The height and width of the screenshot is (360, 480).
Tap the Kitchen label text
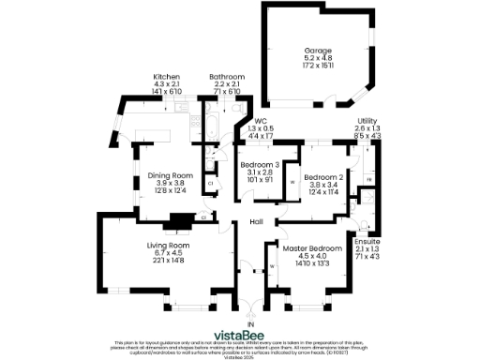(x=166, y=77)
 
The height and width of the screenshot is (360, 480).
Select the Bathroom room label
(x=226, y=77)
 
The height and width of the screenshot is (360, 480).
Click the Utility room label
(x=367, y=121)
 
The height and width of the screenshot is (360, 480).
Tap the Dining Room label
(x=170, y=175)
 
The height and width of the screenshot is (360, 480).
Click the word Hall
(x=255, y=222)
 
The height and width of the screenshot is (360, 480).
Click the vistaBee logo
(x=246, y=335)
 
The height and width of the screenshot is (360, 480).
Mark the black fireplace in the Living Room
(x=175, y=222)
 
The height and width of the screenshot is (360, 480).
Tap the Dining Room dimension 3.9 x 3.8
(x=170, y=184)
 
